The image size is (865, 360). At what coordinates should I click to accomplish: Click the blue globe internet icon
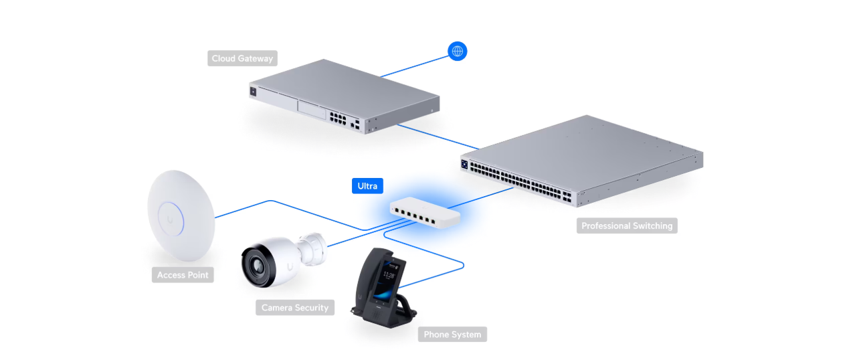tap(458, 51)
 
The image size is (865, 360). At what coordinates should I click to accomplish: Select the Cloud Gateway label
tap(242, 58)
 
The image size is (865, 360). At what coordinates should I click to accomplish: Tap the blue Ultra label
tap(367, 185)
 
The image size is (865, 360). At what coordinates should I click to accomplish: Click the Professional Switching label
tap(627, 226)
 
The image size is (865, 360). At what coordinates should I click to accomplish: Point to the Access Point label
tap(183, 274)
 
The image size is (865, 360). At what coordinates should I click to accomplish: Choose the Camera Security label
tap(295, 308)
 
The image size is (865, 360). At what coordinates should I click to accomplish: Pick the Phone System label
tap(452, 334)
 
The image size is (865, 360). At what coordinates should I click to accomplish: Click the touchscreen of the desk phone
tap(393, 280)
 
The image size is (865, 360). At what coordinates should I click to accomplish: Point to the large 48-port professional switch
tap(582, 161)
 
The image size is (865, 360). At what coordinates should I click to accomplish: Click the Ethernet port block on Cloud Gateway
tap(337, 120)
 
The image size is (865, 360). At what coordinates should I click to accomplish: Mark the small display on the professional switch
tap(464, 162)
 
